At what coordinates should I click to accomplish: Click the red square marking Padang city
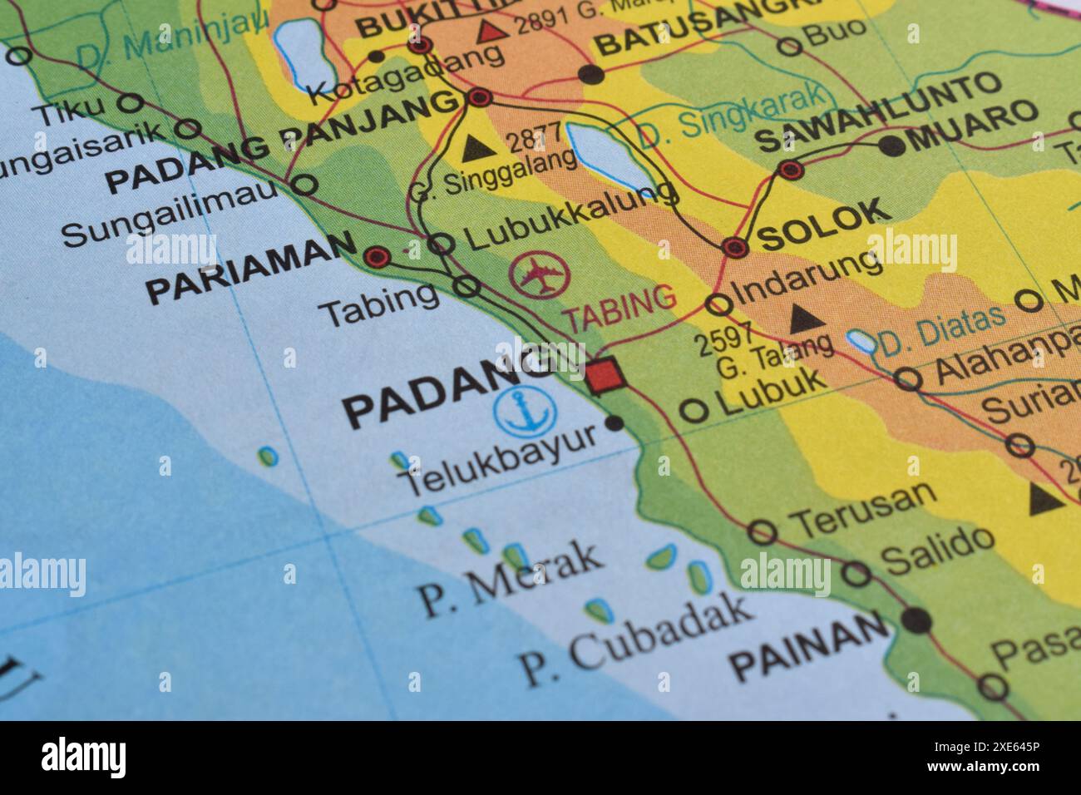tap(605, 376)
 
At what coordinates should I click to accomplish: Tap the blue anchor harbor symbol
tap(525, 412)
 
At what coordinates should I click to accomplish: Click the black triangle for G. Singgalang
tap(476, 148)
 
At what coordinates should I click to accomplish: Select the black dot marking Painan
tap(918, 620)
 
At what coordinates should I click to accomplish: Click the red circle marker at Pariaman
tap(378, 257)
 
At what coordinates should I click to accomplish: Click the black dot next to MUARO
tap(891, 146)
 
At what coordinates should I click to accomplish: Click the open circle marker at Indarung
tap(718, 304)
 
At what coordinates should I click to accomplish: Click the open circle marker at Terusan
tap(763, 531)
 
